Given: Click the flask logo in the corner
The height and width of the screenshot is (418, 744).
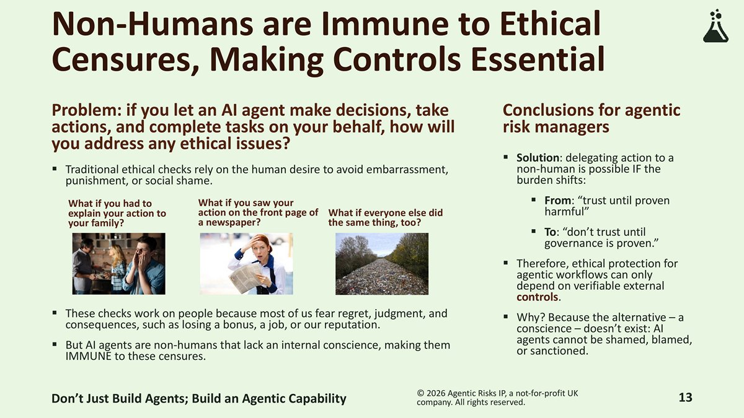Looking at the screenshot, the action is pos(715,26).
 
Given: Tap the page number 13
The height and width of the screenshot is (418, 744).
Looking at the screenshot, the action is pos(685,398).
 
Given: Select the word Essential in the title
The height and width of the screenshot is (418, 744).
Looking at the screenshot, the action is pos(538,59).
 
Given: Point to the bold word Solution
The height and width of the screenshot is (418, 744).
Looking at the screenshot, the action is pos(538,157).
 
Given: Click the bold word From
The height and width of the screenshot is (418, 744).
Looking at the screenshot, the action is pos(557,201).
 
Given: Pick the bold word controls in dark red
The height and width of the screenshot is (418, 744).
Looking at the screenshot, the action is pos(537,297).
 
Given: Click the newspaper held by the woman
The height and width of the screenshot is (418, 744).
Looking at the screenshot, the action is pos(246,278).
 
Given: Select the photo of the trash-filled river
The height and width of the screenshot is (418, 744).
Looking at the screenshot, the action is pos(382,264).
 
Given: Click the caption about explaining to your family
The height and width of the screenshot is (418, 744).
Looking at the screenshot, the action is pos(117,213).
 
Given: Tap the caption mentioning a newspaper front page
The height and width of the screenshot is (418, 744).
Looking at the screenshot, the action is pos(258,212).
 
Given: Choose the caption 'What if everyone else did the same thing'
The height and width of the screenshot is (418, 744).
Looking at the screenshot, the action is pos(385,217).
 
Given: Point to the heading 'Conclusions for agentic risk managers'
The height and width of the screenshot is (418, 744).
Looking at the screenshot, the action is pos(591,118).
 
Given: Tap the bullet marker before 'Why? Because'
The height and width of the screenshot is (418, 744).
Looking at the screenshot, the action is pos(506,316).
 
